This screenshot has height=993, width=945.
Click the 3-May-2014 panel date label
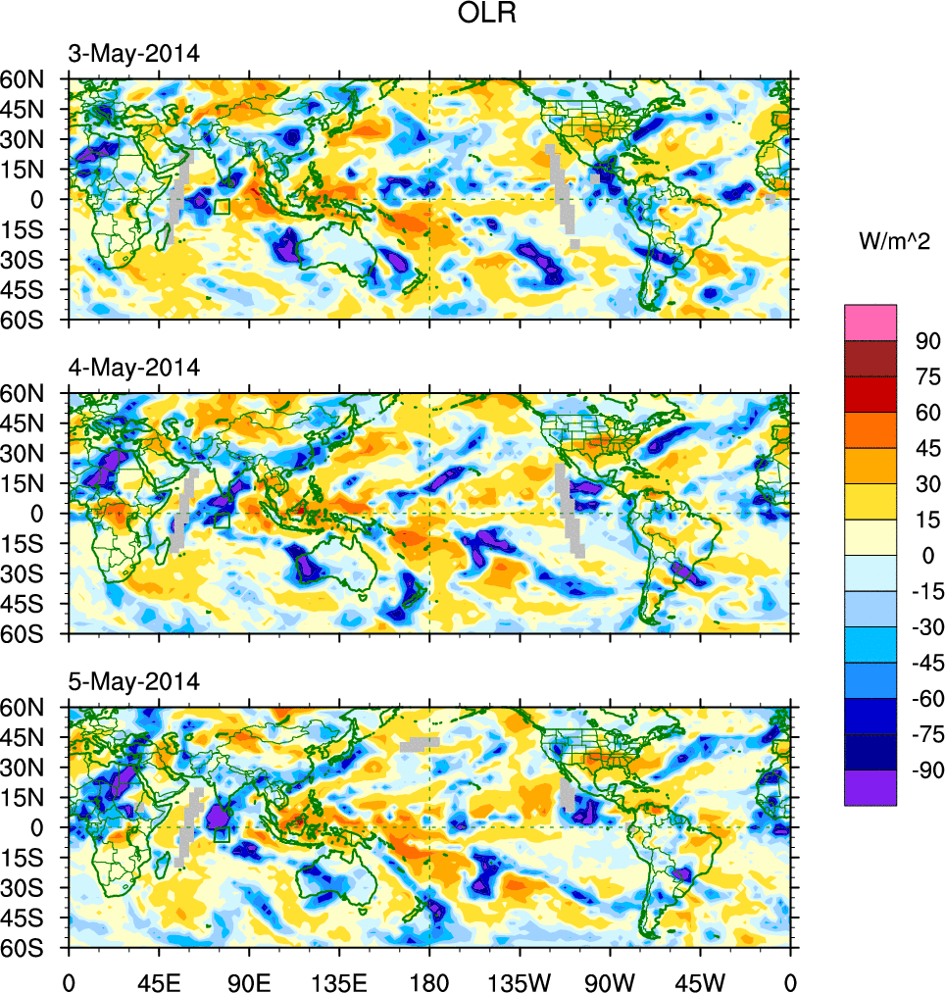point(133,54)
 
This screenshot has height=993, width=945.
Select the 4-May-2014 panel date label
point(133,368)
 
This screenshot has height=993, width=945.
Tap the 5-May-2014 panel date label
point(133,681)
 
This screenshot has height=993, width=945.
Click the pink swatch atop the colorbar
point(870,322)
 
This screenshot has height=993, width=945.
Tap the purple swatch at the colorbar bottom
point(870,787)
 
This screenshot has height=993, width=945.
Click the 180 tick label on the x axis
point(429,980)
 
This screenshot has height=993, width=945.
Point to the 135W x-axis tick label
point(520,980)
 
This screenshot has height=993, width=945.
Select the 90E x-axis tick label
point(249,980)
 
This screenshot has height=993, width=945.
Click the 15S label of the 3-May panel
point(33,229)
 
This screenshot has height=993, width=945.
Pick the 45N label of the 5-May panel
point(33,737)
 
